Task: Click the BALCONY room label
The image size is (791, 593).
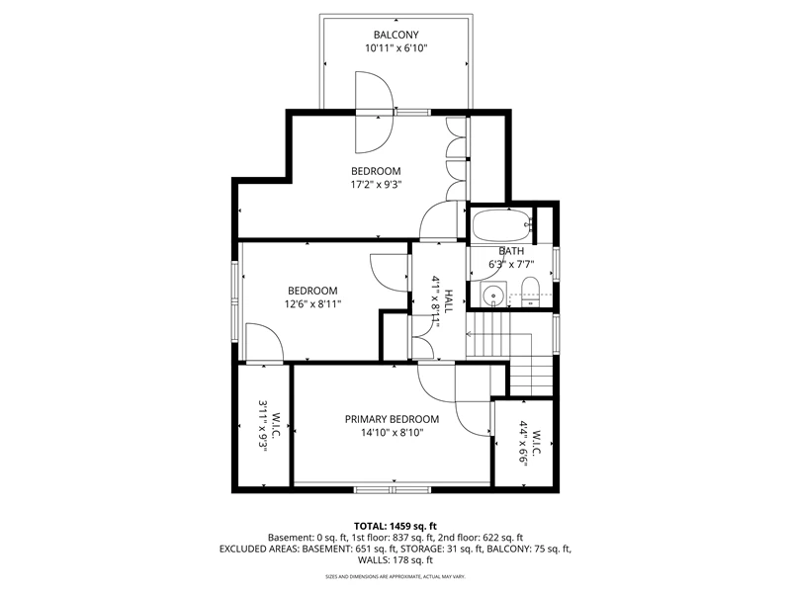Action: [x=396, y=35]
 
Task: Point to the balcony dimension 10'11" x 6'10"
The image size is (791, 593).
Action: [x=396, y=48]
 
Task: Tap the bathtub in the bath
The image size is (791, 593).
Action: [x=500, y=226]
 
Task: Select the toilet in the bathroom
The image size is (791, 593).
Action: [x=530, y=291]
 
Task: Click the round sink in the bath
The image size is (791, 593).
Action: [x=491, y=294]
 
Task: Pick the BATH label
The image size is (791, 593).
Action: [x=511, y=251]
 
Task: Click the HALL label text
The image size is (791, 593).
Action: [x=449, y=301]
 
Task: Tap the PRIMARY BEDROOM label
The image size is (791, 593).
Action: [x=392, y=419]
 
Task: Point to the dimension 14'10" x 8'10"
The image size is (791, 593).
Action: [x=392, y=432]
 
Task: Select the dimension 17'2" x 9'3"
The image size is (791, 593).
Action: [x=376, y=185]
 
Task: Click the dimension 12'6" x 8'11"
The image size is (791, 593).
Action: [x=312, y=304]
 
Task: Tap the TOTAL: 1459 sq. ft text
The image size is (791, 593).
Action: [x=395, y=527]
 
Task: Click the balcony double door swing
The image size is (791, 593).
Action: [x=374, y=112]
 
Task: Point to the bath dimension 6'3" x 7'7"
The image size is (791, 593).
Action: [x=511, y=264]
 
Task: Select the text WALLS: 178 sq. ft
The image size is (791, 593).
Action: [x=395, y=559]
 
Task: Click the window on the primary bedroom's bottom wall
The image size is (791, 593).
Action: [x=392, y=489]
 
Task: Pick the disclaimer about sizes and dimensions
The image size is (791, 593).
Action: [x=395, y=576]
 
